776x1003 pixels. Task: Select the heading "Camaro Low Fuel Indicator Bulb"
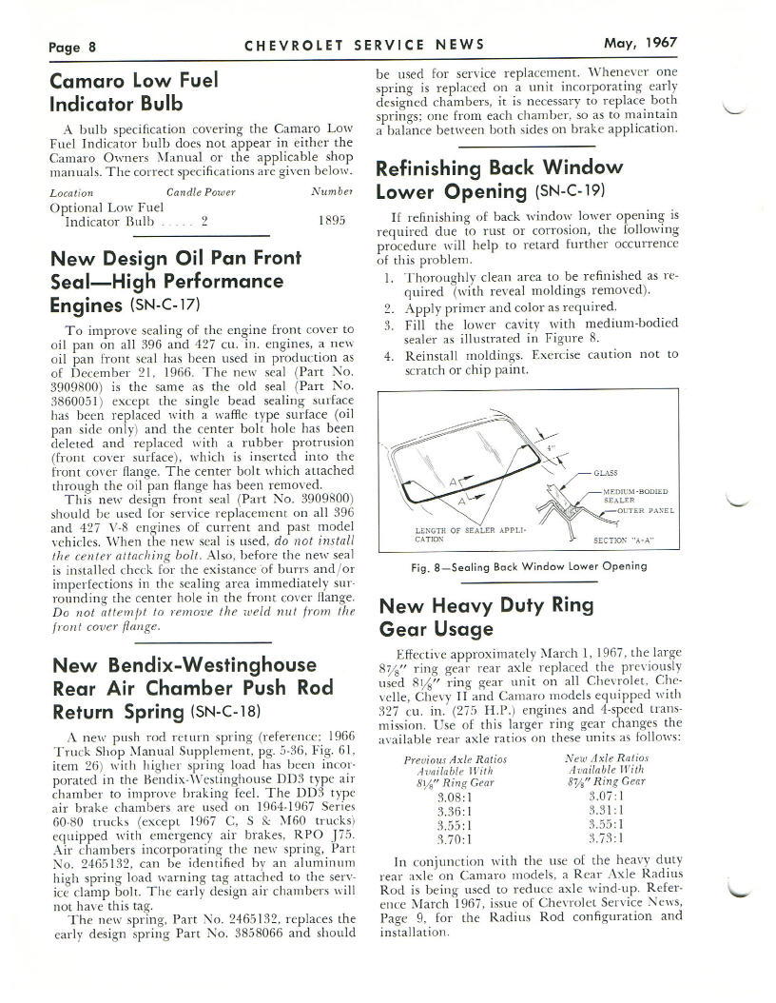(x=134, y=91)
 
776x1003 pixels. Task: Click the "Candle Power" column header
(x=201, y=192)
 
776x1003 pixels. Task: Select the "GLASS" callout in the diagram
(x=605, y=472)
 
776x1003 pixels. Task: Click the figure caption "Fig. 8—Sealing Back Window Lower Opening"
(x=528, y=566)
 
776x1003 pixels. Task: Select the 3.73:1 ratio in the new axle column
(x=606, y=838)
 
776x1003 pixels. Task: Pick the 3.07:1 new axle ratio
(x=606, y=796)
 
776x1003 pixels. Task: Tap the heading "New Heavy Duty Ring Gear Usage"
(x=485, y=617)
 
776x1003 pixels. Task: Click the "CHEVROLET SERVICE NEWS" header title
(x=364, y=44)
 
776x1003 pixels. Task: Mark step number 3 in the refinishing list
(x=389, y=324)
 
